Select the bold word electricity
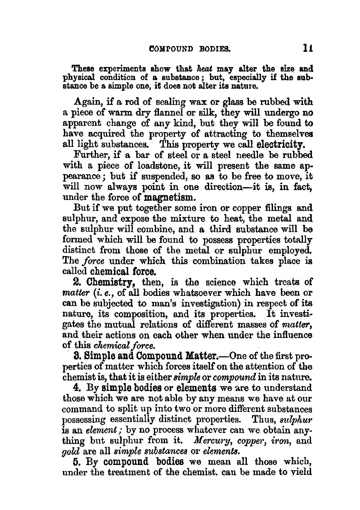(x=278, y=143)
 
